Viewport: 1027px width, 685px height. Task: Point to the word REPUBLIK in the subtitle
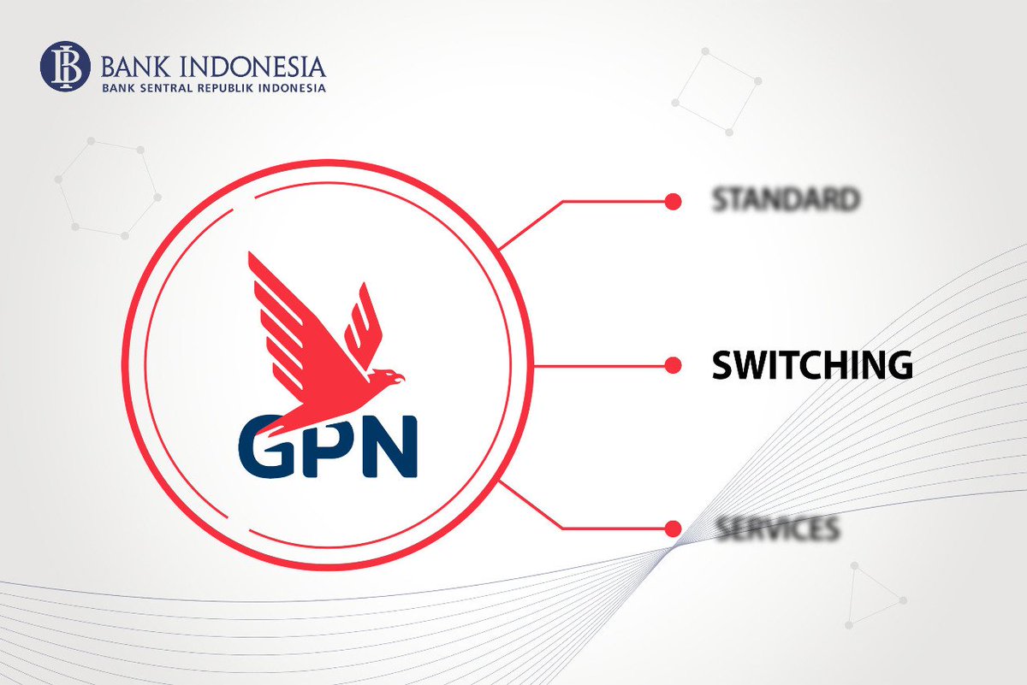coord(224,87)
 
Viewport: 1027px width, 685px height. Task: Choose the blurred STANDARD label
coord(786,200)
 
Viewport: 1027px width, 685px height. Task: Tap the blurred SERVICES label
coord(777,529)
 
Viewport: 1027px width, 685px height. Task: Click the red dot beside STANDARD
coord(673,202)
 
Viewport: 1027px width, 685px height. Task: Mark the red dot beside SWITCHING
coord(673,366)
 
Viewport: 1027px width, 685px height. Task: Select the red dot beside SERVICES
coord(673,527)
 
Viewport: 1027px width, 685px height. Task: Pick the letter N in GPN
coord(386,447)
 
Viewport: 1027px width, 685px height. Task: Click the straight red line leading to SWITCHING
coord(599,366)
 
